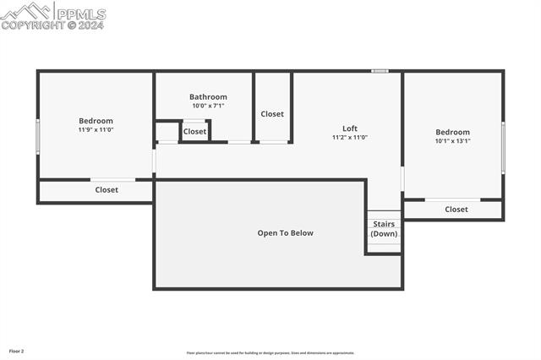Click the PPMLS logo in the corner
tap(52, 15)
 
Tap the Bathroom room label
tap(208, 97)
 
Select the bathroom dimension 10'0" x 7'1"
tap(208, 106)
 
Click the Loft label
tap(349, 128)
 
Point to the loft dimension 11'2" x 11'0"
tap(349, 137)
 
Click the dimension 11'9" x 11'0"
tap(96, 130)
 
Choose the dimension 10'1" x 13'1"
tap(452, 141)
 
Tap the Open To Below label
tap(285, 233)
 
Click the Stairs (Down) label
tap(384, 229)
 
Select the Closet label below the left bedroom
tap(107, 190)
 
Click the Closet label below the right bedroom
tap(456, 210)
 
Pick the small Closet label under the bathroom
tap(194, 132)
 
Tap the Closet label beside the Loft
tap(272, 114)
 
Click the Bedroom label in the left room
tap(96, 121)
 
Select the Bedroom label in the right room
tap(452, 132)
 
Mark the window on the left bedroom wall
tap(38, 136)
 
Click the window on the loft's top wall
tap(380, 71)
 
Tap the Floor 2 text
tap(17, 350)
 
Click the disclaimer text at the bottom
tap(270, 353)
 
